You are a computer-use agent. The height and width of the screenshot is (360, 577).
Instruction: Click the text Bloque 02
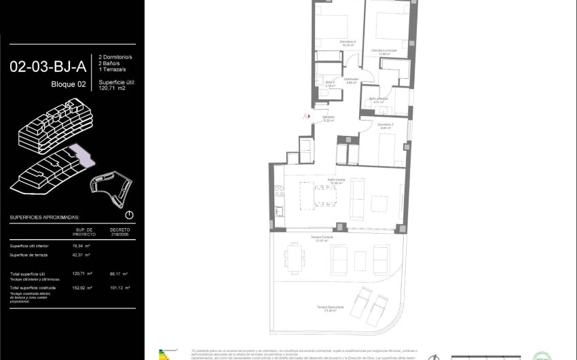69,84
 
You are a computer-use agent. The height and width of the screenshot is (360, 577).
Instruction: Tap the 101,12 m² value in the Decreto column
119,288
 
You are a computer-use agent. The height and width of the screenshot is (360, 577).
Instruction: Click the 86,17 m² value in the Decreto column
119,274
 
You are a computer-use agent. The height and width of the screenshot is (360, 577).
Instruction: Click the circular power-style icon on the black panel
129,215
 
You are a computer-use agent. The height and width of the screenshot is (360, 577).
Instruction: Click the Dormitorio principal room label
384,51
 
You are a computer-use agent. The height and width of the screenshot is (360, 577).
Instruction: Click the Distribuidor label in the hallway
350,80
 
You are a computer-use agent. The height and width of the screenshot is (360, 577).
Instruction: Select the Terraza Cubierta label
322,238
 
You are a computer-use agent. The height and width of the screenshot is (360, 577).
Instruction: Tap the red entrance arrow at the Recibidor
309,116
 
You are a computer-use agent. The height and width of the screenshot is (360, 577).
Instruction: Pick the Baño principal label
378,99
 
